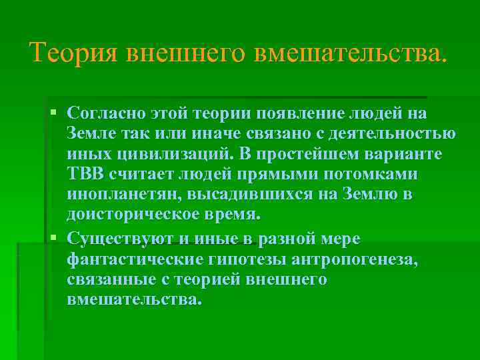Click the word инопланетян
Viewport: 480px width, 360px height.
[126, 195]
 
